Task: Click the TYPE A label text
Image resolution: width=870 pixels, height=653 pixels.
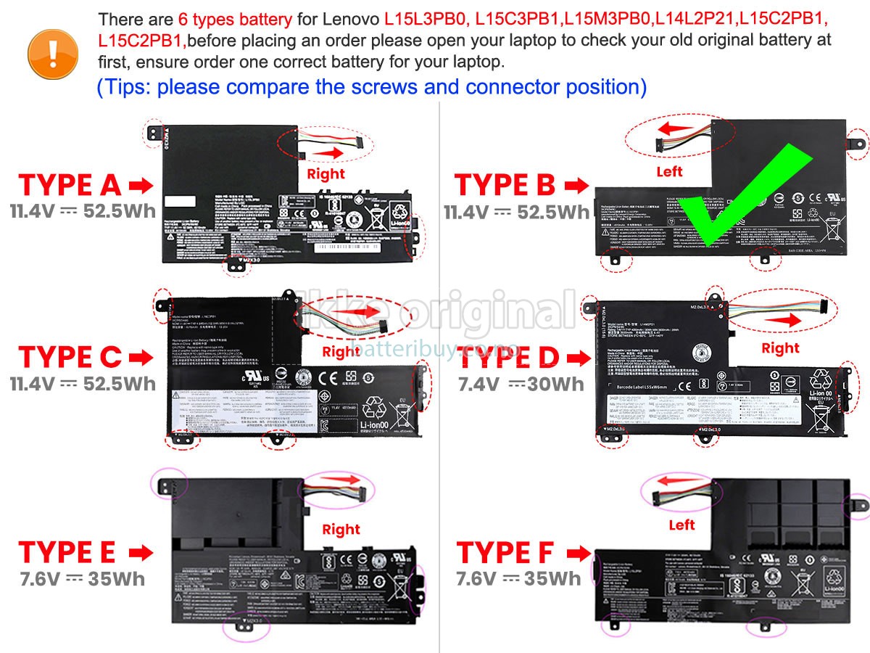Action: [70, 186]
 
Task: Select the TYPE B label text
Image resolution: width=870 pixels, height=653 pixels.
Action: [505, 186]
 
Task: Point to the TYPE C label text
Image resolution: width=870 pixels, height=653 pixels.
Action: [70, 357]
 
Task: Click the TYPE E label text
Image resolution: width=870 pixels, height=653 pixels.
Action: [67, 552]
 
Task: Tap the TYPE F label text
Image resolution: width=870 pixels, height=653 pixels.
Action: [505, 553]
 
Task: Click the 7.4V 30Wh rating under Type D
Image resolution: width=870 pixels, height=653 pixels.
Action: [521, 385]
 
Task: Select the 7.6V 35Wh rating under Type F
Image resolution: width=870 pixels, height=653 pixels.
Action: [518, 578]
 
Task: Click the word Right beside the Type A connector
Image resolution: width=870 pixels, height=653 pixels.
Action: [326, 174]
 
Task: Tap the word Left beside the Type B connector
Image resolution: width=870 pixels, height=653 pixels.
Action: [669, 172]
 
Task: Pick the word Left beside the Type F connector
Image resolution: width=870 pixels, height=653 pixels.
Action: [681, 525]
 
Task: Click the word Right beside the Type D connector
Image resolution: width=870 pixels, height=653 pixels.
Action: [780, 348]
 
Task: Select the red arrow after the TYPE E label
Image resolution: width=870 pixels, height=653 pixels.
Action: [141, 553]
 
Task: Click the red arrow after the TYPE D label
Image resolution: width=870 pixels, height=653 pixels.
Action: [579, 358]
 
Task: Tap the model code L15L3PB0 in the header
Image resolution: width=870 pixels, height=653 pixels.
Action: [427, 20]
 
